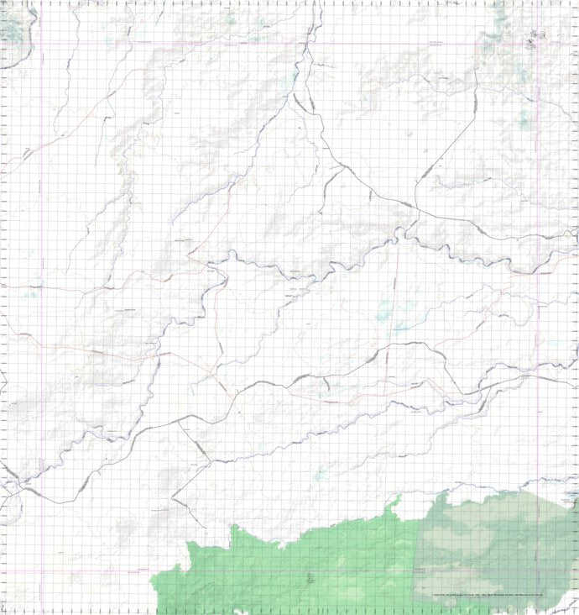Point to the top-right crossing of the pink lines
pos(538,42)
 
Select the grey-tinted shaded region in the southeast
pos(495,546)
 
